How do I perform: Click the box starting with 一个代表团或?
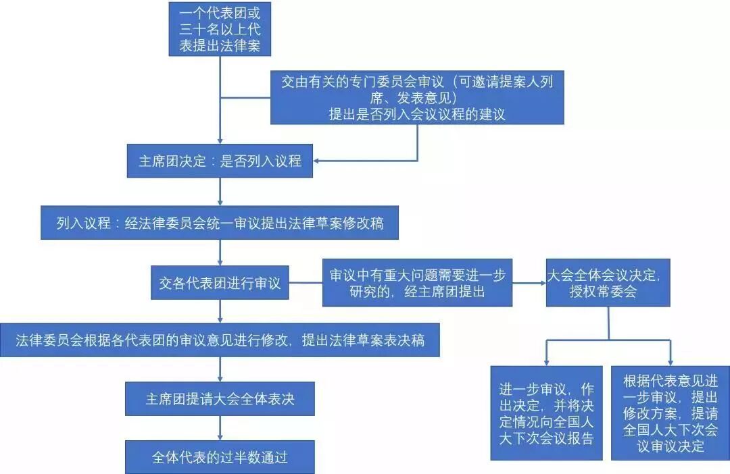219,30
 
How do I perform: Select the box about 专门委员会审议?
417,97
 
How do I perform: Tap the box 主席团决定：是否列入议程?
220,162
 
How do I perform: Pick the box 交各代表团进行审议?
220,283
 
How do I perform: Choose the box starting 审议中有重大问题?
417,283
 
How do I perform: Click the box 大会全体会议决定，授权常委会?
608,283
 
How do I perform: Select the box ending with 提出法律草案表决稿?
220,340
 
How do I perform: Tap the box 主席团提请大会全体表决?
220,399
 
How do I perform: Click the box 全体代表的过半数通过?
220,457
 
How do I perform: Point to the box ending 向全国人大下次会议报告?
546,413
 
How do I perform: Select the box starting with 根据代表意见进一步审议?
671,413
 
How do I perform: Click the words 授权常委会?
608,292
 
